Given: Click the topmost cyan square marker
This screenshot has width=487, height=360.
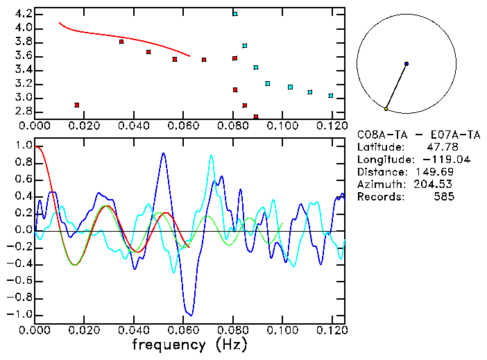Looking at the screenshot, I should click(235, 14).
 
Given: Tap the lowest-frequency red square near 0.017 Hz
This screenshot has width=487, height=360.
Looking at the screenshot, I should click(77, 105).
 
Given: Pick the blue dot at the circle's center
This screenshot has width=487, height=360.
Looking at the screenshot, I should click(407, 64).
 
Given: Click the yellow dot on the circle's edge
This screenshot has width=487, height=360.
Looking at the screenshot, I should click(386, 109).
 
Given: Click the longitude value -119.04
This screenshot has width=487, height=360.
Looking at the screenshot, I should click(434, 160).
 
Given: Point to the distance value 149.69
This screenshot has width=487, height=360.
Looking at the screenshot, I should click(436, 172).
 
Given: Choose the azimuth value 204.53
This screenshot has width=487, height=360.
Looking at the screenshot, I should click(436, 185).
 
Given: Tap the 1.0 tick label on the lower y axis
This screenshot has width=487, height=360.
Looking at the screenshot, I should click(24, 146).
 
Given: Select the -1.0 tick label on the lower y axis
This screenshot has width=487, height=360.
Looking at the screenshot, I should click(21, 314).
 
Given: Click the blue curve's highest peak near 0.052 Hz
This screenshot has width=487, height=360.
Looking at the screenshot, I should click(163, 154).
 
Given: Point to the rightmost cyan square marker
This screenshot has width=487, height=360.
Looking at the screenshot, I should click(331, 96).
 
